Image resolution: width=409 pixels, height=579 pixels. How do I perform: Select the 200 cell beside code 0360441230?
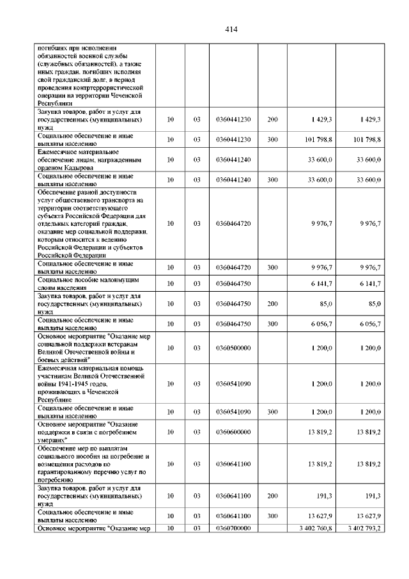pos(273,120)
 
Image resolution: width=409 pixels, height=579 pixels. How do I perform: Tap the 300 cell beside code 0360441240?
pos(273,180)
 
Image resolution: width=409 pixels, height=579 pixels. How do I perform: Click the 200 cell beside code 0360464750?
pos(273,304)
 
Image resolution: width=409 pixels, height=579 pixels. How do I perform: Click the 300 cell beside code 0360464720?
pos(273,267)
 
